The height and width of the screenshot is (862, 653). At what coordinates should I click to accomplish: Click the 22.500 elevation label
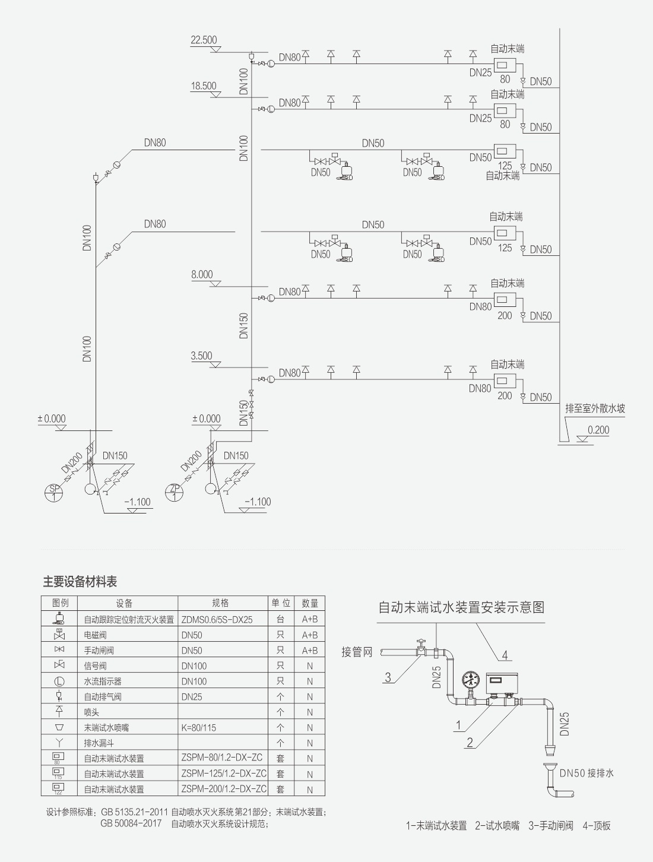pos(204,40)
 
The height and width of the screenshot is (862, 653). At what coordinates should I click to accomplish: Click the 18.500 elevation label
pos(204,86)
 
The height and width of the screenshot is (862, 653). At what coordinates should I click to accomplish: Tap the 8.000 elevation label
pos(202,274)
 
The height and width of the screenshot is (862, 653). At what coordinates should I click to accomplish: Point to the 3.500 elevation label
pos(201,356)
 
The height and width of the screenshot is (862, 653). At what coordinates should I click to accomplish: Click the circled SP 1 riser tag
pos(54,493)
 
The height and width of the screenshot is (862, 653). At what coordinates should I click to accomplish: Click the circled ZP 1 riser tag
pos(174,493)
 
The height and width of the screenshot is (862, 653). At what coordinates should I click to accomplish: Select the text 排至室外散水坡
pos(595,408)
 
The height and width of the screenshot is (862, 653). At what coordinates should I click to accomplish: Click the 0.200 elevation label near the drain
pos(598,430)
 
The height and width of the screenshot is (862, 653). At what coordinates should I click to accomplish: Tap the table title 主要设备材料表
pos(80,582)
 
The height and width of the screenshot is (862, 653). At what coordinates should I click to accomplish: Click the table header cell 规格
pos(220,603)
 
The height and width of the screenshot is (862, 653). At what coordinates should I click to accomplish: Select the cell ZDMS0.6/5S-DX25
pos(217,619)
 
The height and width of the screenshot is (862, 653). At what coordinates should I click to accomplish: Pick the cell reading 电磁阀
pos(95,635)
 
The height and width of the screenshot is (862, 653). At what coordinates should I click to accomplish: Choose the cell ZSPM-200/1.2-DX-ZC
pos(224,789)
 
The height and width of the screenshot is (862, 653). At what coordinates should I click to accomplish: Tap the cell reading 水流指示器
pos(103,681)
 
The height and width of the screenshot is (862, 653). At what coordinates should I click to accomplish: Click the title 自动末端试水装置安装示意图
pos(461,607)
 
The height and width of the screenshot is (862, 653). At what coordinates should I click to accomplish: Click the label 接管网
pos(357,652)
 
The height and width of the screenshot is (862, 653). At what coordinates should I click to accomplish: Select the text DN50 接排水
pos(587,773)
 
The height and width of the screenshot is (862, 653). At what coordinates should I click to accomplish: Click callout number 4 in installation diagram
pos(505,655)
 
